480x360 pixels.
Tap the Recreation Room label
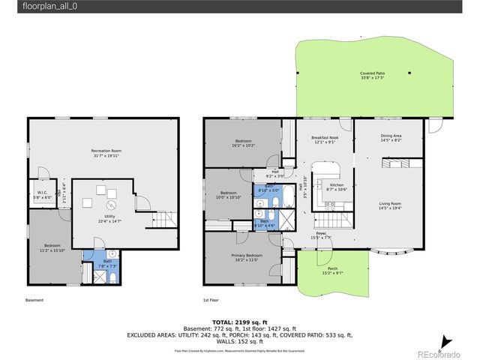(106, 153)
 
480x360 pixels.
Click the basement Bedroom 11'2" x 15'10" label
(52, 248)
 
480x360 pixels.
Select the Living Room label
(390, 205)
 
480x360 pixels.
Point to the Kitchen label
(337, 187)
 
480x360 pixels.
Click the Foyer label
(321, 235)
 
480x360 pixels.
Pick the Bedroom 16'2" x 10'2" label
(244, 143)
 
